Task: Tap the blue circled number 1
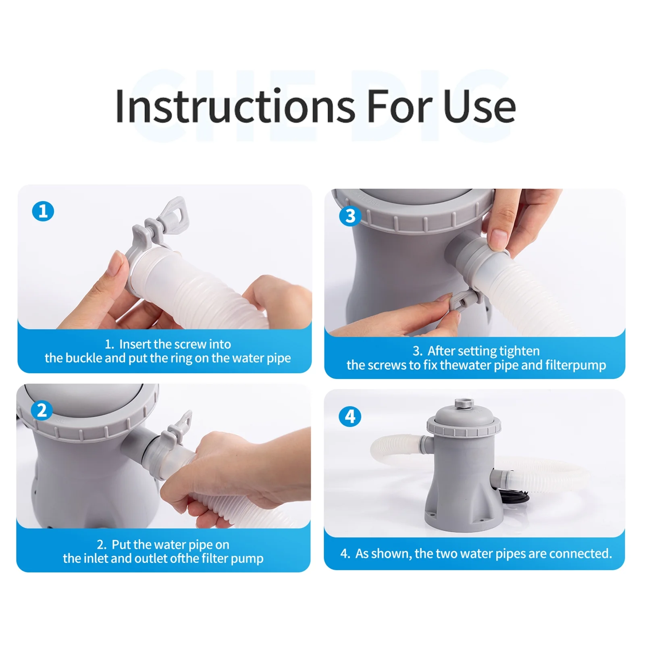(x=43, y=211)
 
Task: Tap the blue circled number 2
(x=42, y=410)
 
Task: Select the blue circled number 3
(x=350, y=216)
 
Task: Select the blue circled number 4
(x=350, y=416)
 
